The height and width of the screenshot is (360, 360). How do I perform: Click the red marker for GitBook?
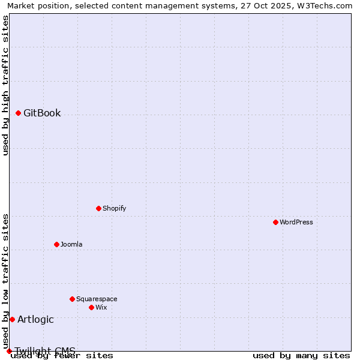(x=18, y=113)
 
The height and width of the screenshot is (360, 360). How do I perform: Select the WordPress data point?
(x=275, y=222)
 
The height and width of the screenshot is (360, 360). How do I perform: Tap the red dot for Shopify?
(x=98, y=208)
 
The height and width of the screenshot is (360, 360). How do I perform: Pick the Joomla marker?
(x=56, y=244)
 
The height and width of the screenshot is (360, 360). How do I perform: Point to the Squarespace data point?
(x=72, y=299)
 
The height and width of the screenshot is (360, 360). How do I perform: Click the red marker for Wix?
(x=91, y=307)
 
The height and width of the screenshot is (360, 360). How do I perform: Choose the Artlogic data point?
(x=12, y=319)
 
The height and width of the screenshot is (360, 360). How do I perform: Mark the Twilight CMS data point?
(x=9, y=351)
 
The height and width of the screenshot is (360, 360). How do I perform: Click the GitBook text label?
(x=42, y=113)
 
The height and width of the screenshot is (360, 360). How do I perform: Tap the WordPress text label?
(x=296, y=222)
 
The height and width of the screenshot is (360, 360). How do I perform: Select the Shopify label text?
(x=114, y=208)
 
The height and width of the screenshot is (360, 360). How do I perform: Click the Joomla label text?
(x=71, y=244)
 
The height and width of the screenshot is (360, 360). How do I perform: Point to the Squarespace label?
(x=97, y=299)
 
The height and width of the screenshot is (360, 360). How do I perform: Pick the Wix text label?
(x=101, y=307)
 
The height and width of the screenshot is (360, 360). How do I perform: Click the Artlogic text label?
(x=35, y=319)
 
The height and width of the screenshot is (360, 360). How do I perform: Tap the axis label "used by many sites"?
(x=301, y=355)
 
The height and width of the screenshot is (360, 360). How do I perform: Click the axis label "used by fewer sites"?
(x=62, y=355)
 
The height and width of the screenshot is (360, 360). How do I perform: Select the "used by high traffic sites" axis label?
(x=5, y=85)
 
